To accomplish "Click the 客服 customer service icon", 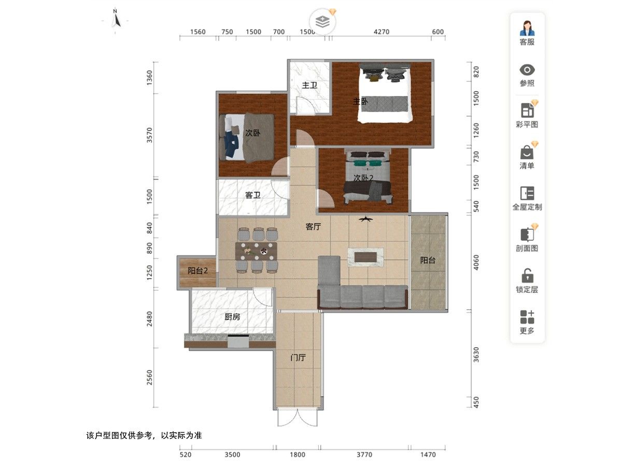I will pos(527,28).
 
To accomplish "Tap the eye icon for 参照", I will pos(527,70).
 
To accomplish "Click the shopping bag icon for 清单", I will pos(527,152).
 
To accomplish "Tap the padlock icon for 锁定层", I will pos(527,276).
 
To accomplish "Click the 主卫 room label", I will pos(309,85).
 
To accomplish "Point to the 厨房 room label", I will pos(232,317).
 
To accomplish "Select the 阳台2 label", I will pos(197,270).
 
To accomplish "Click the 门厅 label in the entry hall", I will pos(298,358).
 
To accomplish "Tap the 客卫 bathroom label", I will pos(252,195).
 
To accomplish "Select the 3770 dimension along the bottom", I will pos(364,455).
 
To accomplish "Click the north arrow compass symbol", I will pos(117,19).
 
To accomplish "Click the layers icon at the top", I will pos(322,22).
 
